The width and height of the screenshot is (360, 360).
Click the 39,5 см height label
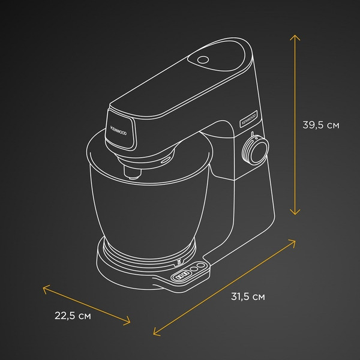tap(321, 125)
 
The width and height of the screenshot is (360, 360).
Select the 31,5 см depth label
tap(248, 296)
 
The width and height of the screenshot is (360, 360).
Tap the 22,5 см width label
tap(73, 316)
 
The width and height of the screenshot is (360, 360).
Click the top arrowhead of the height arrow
tap(295, 37)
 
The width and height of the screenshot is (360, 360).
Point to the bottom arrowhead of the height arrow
tap(295, 212)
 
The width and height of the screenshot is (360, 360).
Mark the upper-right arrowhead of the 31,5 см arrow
tap(292, 243)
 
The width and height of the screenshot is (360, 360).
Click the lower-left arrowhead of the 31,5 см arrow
tap(156, 332)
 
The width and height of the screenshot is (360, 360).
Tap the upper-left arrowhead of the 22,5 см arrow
tap(46, 289)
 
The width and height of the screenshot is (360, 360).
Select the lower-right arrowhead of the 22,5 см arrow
tap(127, 321)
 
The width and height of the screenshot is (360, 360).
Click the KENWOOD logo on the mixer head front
tap(118, 130)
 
